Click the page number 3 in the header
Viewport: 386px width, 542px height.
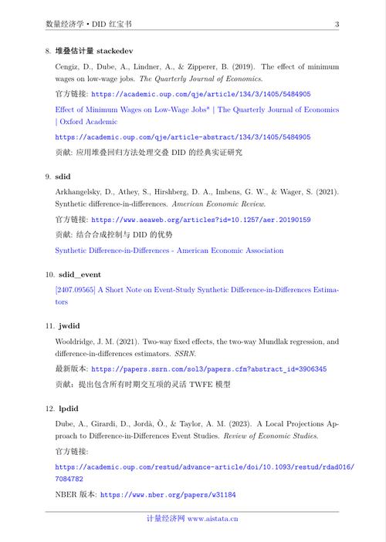(x=337, y=25)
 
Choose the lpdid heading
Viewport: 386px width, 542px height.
(x=67, y=409)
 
